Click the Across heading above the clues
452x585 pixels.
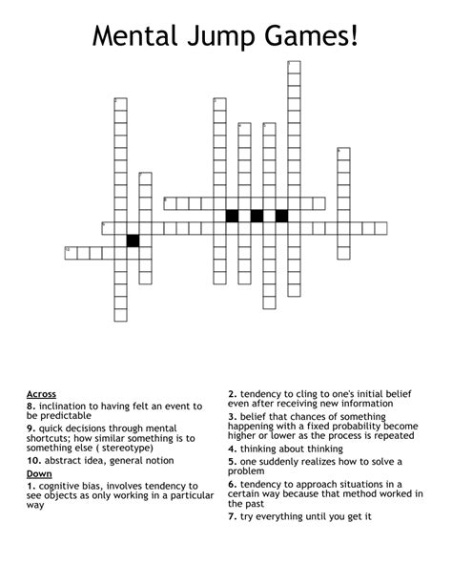[x=41, y=393]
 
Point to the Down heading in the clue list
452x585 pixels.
[x=39, y=473]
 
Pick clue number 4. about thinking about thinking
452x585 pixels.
[x=232, y=447]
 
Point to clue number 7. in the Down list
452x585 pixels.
[x=232, y=516]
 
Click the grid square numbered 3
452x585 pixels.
[x=219, y=104]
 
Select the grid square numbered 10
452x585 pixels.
[x=71, y=253]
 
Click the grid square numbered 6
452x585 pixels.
[x=343, y=154]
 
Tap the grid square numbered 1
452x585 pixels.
[x=120, y=104]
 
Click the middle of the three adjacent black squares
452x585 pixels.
[x=257, y=216]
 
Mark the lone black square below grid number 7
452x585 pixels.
[x=133, y=240]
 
